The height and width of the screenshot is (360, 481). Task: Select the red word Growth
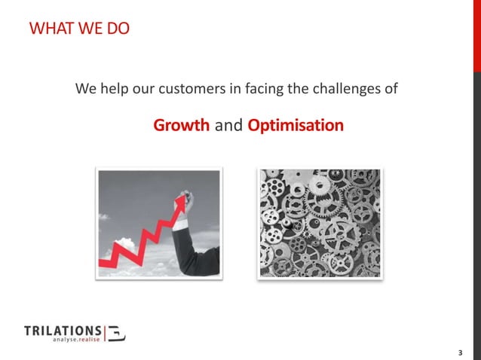(182, 125)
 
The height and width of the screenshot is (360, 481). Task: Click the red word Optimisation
(295, 125)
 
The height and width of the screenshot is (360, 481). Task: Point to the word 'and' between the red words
(228, 125)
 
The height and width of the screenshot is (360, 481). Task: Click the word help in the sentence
(112, 90)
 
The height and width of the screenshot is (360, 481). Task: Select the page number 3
(460, 352)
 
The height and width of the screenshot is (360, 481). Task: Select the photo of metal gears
(320, 224)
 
